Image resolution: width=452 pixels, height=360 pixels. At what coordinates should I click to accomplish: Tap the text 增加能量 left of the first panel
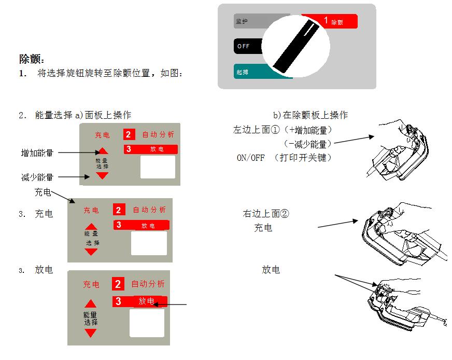37,153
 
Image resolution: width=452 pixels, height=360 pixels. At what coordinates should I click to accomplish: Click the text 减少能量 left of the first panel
37,178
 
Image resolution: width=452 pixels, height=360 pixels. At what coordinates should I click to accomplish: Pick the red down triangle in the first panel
103,176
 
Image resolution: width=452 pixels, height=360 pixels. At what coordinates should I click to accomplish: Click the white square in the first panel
158,167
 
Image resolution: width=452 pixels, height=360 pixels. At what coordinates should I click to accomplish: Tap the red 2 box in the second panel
119,210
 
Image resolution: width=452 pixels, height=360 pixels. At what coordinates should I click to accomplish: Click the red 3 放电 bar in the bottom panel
140,301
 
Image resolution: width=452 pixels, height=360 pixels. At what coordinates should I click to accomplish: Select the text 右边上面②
267,213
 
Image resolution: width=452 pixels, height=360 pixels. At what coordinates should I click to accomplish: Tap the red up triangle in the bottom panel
91,304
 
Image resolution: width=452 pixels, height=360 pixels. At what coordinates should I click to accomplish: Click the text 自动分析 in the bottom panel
148,284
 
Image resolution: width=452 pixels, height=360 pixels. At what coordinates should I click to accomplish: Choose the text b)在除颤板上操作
310,115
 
